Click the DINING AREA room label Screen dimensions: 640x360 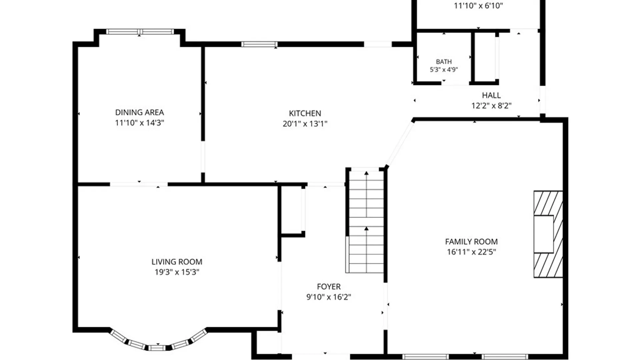pos(139,112)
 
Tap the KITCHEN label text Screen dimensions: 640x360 pos(305,113)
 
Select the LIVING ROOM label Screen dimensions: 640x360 pos(177,262)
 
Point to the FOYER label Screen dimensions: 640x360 pos(329,287)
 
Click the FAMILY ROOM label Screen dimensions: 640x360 pos(471,242)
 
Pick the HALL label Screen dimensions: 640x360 pos(491,95)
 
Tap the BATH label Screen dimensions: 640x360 pos(444,62)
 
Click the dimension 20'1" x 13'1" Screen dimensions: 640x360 pos(305,124)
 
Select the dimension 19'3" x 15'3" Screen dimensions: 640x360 pos(177,272)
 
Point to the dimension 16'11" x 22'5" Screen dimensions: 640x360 pos(471,252)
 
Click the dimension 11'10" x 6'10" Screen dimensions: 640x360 pos(478,6)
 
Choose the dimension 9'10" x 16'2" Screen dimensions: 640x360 pos(329,297)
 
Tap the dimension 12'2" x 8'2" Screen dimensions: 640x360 pos(491,106)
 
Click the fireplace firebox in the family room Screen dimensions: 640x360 pos(544,234)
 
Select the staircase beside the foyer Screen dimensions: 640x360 pos(366,222)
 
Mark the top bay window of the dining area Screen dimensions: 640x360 pos(140,32)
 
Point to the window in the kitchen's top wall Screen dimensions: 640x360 pos(259,44)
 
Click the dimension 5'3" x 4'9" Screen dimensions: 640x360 pos(444,69)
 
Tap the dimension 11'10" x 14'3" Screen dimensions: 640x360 pos(139,123)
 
